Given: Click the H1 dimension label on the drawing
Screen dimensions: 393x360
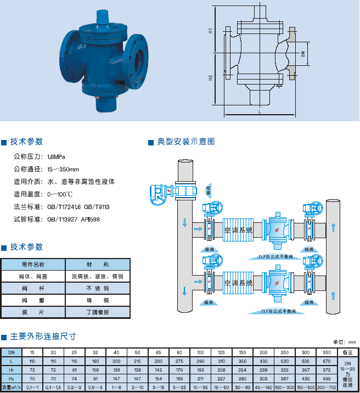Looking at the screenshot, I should pos(211,31).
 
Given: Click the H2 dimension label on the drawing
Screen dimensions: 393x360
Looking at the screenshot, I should pos(211,78).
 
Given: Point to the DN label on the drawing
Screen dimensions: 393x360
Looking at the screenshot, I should pos(302,54).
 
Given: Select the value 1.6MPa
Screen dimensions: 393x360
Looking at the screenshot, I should pos(57,156).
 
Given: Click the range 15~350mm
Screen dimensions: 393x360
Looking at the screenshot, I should pos(63,169).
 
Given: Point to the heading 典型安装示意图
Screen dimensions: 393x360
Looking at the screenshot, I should pos(185,142).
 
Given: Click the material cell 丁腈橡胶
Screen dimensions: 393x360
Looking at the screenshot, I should pos(98,312).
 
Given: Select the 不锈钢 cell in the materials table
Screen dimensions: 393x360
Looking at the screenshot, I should pos(98,288).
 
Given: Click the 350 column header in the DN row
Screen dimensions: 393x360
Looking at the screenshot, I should pos(327,351).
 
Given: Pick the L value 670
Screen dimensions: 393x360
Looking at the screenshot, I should pos(327,361).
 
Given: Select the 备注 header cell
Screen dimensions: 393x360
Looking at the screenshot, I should pos(347,351).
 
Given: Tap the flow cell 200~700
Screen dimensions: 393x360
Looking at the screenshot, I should pos(327,388).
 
